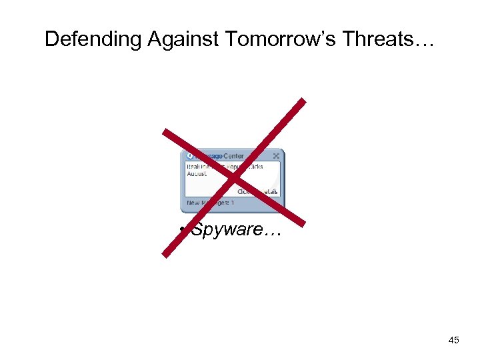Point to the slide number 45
[x=454, y=341]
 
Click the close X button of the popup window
[x=276, y=156]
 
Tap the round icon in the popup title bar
[x=189, y=156]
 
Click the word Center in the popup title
[x=234, y=156]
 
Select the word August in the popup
[x=197, y=173]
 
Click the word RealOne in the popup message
[x=199, y=166]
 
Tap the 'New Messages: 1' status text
[x=210, y=203]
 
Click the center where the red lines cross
[x=233, y=177]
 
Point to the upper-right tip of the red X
[x=303, y=101]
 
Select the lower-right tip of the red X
[x=303, y=225]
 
